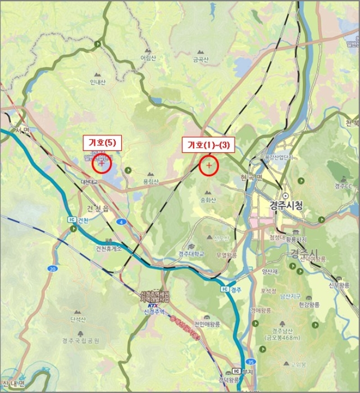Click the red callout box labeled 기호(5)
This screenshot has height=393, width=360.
click(102, 143)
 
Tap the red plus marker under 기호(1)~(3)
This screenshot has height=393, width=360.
click(209, 166)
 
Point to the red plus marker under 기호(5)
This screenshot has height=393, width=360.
click(102, 164)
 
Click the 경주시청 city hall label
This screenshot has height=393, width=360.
click(286, 206)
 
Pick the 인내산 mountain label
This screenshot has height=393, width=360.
click(98, 82)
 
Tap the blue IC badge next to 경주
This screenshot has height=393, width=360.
click(225, 290)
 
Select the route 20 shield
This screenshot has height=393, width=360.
click(52, 269)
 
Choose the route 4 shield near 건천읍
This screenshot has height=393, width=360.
click(121, 222)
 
